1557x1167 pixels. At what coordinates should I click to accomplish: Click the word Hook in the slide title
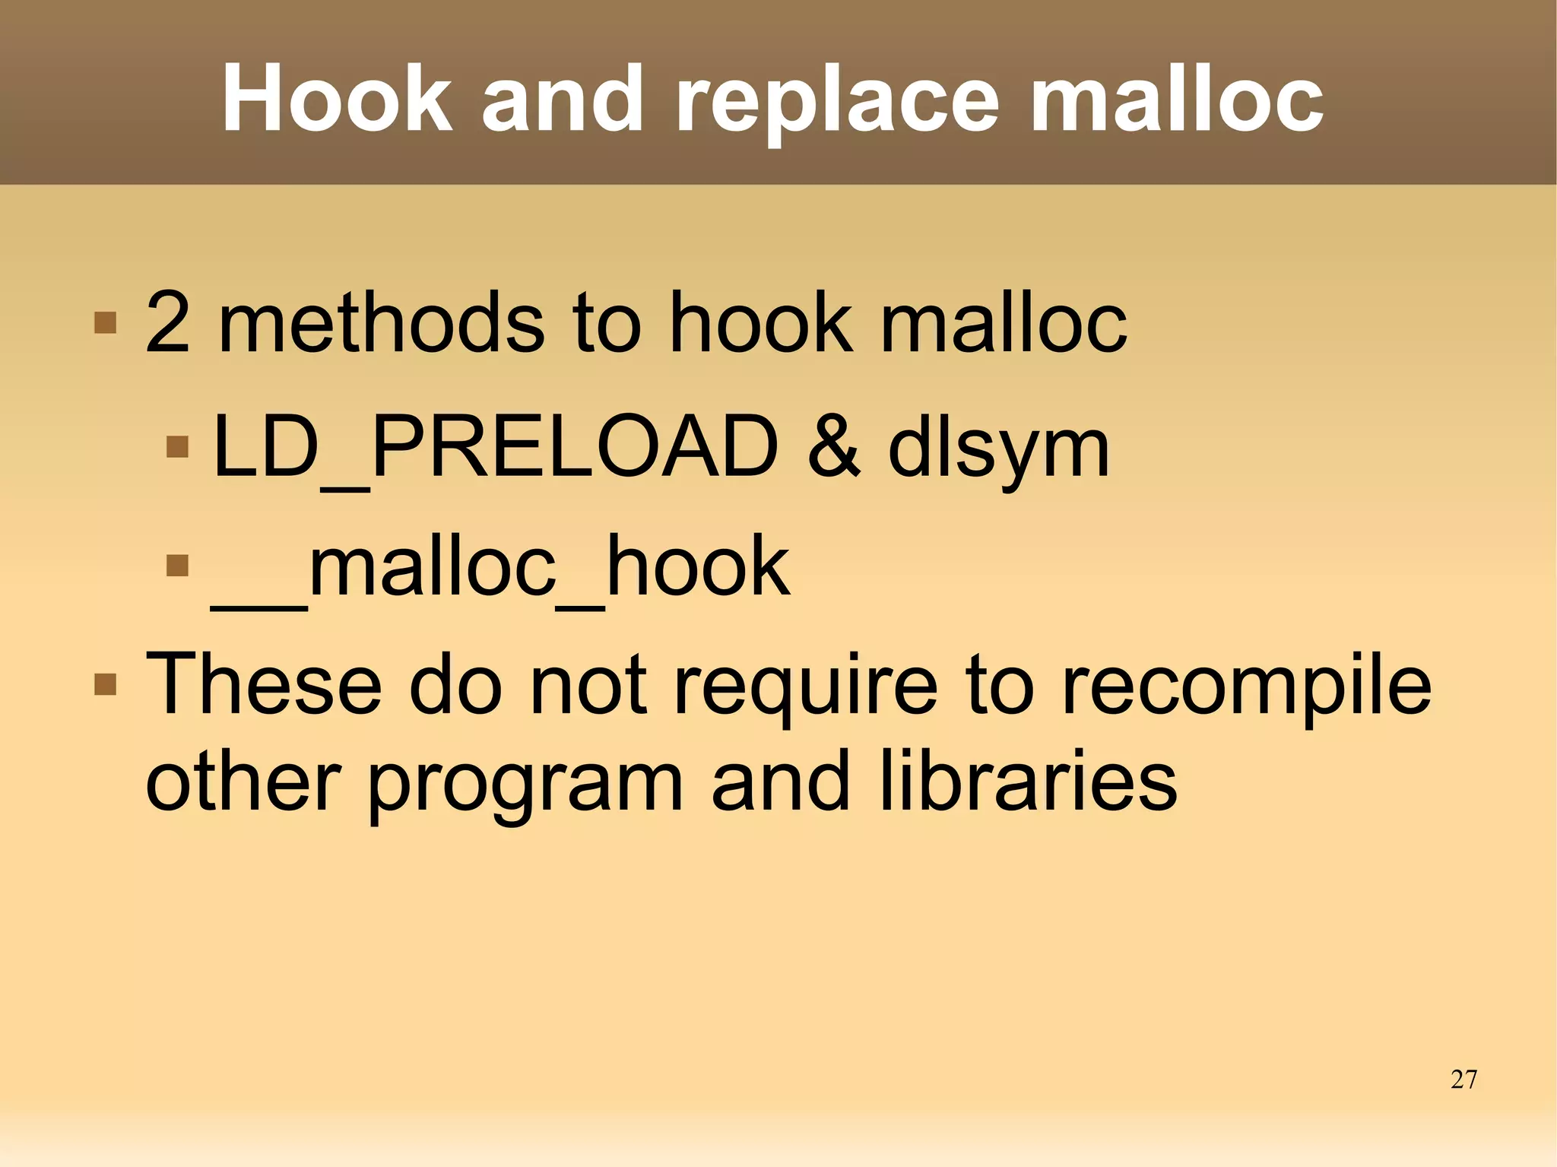pyautogui.click(x=336, y=99)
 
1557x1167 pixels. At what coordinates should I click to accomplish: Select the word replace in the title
pyautogui.click(x=836, y=103)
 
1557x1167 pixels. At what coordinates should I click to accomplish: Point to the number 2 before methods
pyautogui.click(x=167, y=324)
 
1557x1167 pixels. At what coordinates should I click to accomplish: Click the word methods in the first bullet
pyautogui.click(x=380, y=324)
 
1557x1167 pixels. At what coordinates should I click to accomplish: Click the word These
pyautogui.click(x=263, y=684)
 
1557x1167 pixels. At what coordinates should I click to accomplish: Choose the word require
pyautogui.click(x=806, y=688)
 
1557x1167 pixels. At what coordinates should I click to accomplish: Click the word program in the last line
pyautogui.click(x=525, y=787)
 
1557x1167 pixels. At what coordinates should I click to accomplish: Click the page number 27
pyautogui.click(x=1463, y=1080)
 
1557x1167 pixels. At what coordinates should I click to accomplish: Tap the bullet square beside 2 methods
pyautogui.click(x=105, y=323)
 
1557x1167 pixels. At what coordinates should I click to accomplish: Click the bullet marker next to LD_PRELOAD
pyautogui.click(x=177, y=446)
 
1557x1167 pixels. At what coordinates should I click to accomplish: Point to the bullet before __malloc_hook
pyautogui.click(x=177, y=566)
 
